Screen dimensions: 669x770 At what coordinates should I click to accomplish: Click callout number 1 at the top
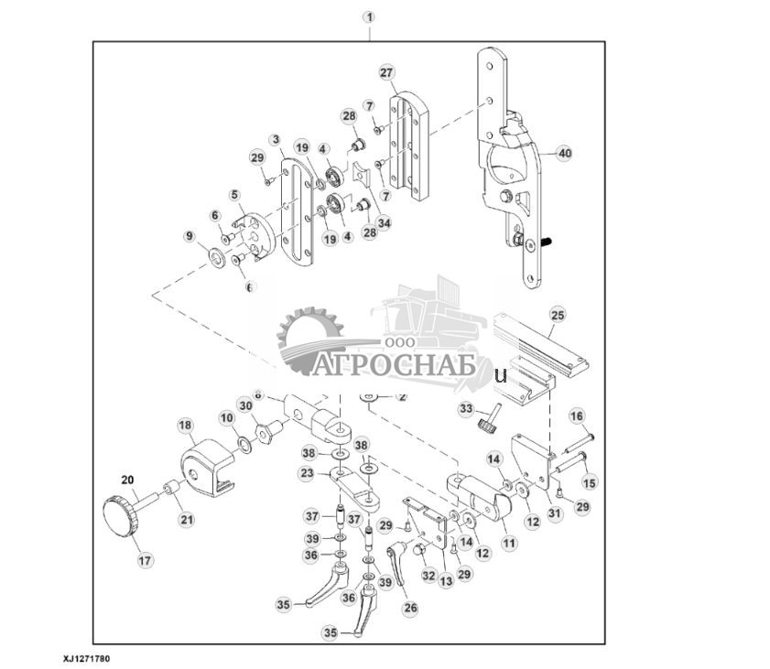[369, 17]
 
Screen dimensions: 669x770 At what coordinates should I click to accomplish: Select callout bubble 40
[563, 155]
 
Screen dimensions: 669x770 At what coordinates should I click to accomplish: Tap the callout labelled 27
[386, 72]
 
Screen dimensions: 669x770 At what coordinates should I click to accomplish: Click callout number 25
[558, 315]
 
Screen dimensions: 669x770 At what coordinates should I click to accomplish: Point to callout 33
[466, 408]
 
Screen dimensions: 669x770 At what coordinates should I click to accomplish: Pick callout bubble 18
[185, 426]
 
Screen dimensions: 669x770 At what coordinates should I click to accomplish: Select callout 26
[409, 606]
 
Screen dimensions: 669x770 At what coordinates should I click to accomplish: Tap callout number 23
[308, 473]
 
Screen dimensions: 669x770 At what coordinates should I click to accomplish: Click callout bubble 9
[190, 237]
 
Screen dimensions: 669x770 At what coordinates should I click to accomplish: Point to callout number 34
[384, 221]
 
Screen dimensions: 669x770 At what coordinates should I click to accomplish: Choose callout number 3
[274, 139]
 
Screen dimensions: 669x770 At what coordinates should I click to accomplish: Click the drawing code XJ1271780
[88, 657]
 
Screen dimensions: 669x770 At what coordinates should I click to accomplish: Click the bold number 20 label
[127, 479]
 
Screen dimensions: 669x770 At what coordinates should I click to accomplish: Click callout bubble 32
[428, 575]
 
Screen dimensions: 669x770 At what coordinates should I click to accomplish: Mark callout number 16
[577, 416]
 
